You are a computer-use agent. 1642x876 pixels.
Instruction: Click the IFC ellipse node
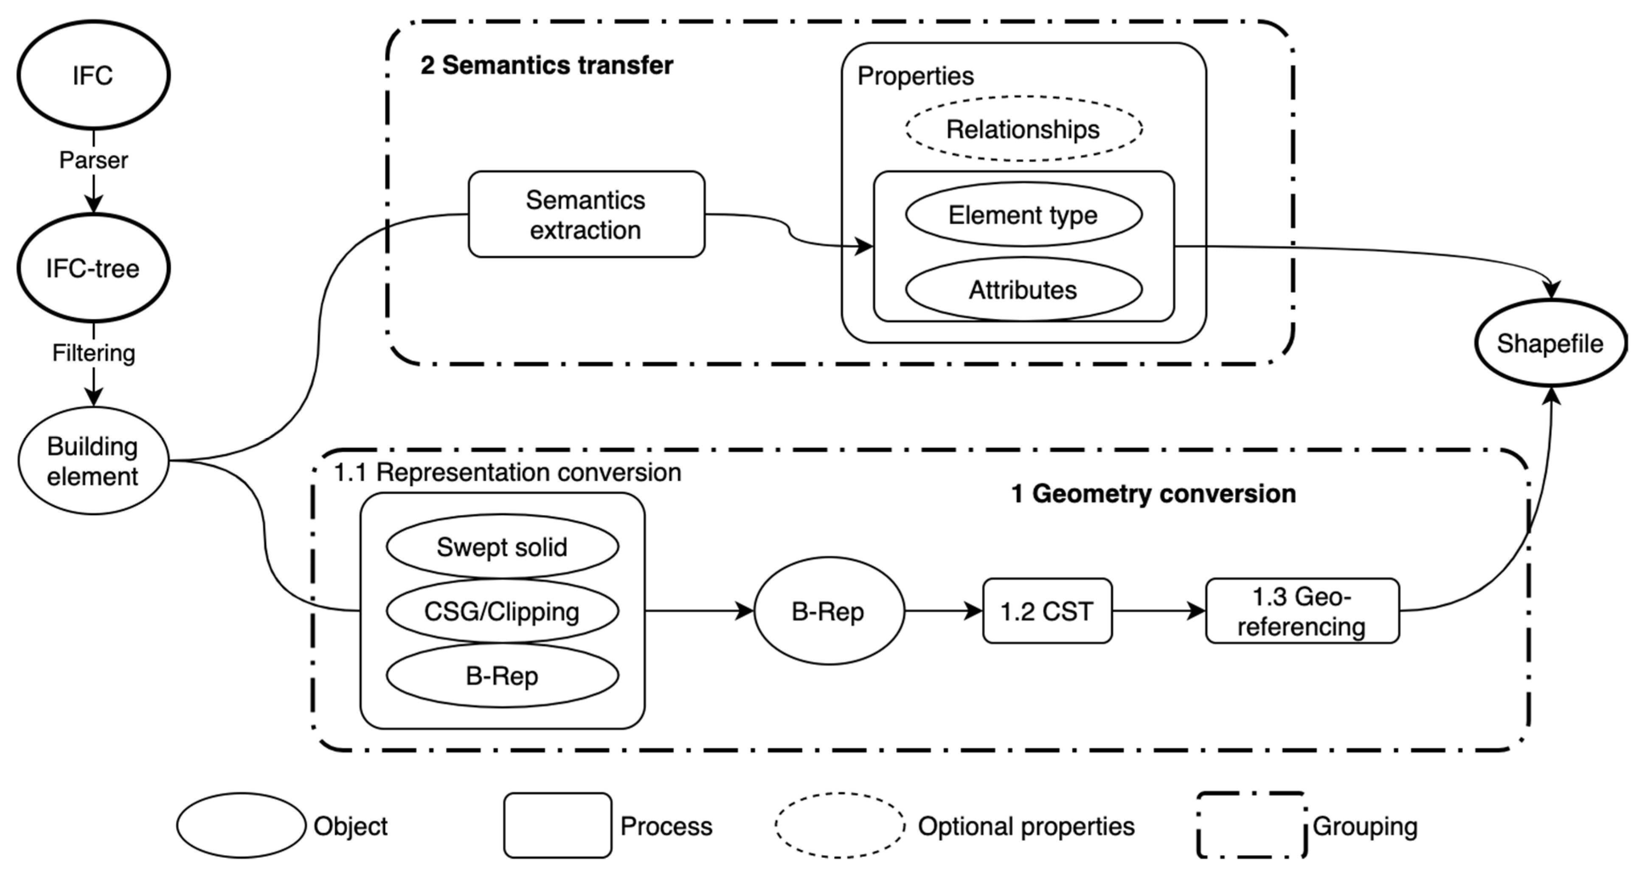pyautogui.click(x=93, y=75)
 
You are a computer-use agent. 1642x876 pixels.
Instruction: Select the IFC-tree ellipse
pyautogui.click(x=93, y=268)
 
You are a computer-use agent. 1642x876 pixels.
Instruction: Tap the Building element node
pyautogui.click(x=93, y=461)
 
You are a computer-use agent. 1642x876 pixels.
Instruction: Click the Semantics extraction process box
pyautogui.click(x=586, y=215)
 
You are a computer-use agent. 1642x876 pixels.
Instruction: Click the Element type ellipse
pyautogui.click(x=1023, y=215)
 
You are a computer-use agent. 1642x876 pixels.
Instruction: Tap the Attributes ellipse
pyautogui.click(x=1023, y=290)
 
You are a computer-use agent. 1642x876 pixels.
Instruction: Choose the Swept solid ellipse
pyautogui.click(x=502, y=547)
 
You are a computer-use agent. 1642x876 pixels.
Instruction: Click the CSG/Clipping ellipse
pyautogui.click(x=502, y=611)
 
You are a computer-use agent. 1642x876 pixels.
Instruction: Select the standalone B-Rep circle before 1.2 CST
pyautogui.click(x=828, y=611)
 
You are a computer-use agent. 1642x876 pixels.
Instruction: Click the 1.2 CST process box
pyautogui.click(x=1047, y=611)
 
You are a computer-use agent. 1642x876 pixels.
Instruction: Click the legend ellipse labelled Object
pyautogui.click(x=241, y=825)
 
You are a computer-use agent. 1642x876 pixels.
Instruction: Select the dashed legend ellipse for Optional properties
pyautogui.click(x=840, y=825)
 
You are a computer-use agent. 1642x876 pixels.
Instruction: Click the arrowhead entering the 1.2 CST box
pyautogui.click(x=974, y=611)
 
